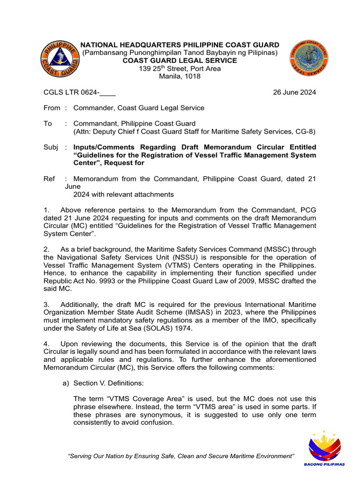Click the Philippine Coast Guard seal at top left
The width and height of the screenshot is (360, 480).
point(60,60)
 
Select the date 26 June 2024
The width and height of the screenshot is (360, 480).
point(294,92)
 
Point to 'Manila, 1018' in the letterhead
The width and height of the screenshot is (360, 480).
point(180,76)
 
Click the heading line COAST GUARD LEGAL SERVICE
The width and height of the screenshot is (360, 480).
point(180,60)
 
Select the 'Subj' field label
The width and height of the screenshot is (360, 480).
point(51,147)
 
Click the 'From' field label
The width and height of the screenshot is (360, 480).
point(52,108)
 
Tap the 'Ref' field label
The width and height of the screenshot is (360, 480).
point(49,179)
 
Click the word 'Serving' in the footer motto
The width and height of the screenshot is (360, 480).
point(83,456)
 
